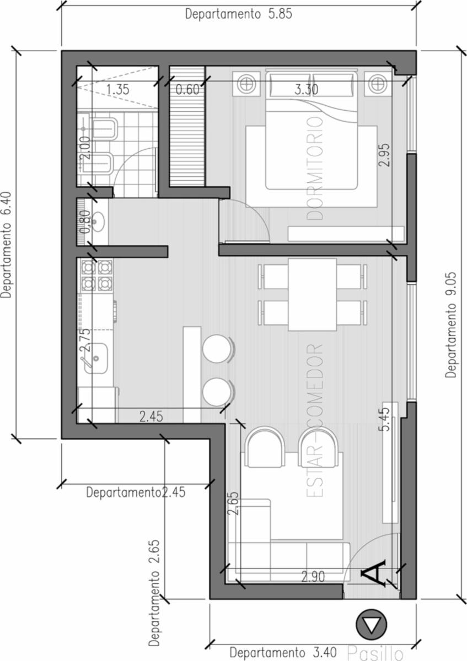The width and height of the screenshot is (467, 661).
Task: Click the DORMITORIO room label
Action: point(315,169)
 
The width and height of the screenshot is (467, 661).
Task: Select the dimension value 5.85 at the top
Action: point(280,14)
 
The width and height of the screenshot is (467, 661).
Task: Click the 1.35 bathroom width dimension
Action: point(117,89)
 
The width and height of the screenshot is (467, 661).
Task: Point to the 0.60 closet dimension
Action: point(187,89)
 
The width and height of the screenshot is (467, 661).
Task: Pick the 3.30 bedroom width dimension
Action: point(307,89)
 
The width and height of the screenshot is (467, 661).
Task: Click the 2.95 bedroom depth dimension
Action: point(384,155)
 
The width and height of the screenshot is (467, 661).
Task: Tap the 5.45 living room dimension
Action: point(384,419)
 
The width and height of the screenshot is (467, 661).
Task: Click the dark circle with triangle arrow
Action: point(371,625)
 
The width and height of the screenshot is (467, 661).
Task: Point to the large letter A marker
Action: point(373,572)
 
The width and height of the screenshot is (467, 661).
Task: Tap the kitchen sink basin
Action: point(96,358)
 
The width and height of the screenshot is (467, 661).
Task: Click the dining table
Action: point(312,295)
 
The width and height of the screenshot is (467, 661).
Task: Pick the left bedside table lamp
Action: point(246,84)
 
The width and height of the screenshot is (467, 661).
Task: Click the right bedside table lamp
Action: point(378,84)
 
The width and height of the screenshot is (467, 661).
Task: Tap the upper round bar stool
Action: point(217,349)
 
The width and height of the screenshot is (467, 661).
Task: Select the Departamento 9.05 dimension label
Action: point(451,325)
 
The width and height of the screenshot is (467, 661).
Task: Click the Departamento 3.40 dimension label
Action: point(283,652)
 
